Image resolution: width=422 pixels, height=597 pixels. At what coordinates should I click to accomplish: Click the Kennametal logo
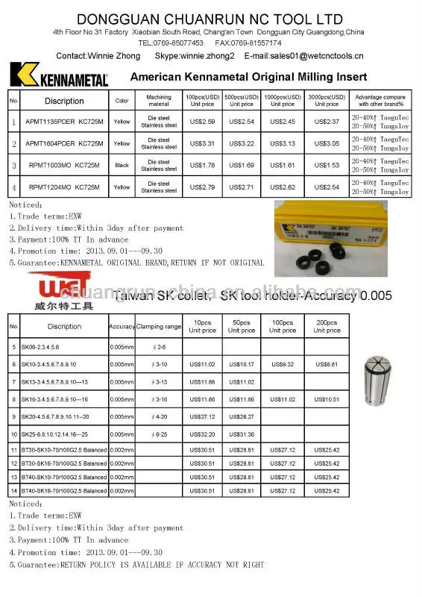(x=59, y=75)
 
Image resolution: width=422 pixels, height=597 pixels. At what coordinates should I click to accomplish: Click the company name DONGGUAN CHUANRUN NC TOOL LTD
(x=210, y=18)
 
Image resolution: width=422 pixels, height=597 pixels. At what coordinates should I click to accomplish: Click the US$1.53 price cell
(x=327, y=165)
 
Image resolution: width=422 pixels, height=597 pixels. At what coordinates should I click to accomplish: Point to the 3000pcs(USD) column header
(x=327, y=100)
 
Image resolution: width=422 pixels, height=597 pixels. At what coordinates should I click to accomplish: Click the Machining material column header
(x=159, y=100)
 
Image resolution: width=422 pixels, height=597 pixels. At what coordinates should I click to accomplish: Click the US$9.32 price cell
(x=282, y=364)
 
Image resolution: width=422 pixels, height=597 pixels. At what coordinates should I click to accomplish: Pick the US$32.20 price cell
(x=202, y=434)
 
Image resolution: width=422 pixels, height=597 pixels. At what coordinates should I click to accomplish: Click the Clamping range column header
(x=159, y=327)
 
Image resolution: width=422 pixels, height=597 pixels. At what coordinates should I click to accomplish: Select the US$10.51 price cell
(x=327, y=399)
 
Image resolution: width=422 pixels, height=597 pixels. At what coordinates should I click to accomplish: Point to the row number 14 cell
(x=14, y=491)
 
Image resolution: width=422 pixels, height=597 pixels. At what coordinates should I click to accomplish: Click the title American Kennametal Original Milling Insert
(x=248, y=77)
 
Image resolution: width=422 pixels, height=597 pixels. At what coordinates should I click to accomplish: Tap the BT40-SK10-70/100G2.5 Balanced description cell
(x=64, y=477)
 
